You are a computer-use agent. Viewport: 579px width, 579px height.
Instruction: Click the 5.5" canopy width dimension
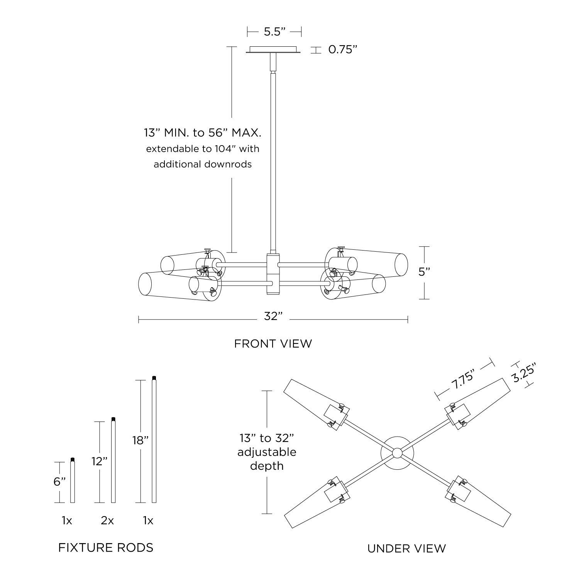pos(274,32)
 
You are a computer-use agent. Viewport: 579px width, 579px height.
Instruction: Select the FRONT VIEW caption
pos(273,344)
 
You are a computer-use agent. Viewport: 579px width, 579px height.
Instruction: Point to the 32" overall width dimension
pos(273,317)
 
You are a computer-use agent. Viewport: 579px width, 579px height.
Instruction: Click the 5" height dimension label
pos(424,272)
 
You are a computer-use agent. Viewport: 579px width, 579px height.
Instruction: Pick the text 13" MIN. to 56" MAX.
pos(203,134)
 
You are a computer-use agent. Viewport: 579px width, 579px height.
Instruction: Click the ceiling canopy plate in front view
pos(274,50)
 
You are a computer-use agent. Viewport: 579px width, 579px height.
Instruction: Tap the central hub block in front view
pos(273,274)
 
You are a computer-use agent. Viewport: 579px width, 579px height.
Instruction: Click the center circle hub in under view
pos(397,453)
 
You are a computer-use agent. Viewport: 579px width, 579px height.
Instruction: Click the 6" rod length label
pos(59,482)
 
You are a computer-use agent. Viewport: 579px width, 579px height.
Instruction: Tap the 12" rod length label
pos(99,461)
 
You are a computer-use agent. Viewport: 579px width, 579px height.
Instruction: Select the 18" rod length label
pos(140,440)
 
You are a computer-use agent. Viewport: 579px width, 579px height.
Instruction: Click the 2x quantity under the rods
pos(107,521)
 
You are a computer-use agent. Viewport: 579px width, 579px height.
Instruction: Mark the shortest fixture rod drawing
pos(73,480)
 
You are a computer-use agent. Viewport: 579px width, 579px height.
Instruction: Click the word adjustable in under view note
pos(267,452)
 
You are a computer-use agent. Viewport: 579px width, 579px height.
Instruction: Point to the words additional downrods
pos(203,164)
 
